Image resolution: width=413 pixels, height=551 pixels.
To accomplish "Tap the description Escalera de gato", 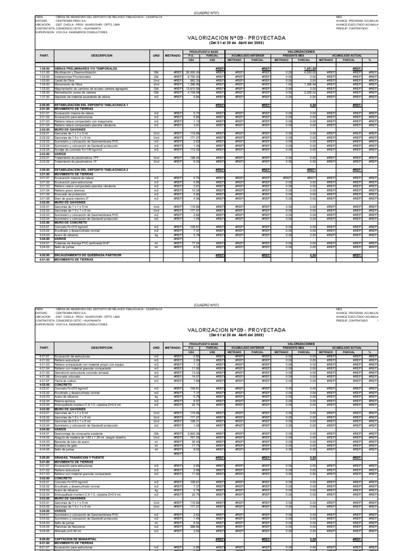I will [67, 430].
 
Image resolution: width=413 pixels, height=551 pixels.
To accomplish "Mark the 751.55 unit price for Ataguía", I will [194, 422].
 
